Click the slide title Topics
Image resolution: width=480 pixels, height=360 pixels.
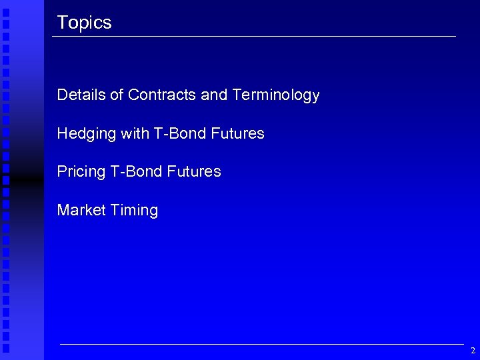[84, 23]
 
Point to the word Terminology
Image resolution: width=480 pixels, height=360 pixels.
[276, 95]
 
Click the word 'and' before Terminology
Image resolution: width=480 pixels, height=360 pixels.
[214, 95]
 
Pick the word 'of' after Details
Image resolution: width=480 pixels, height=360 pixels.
[117, 95]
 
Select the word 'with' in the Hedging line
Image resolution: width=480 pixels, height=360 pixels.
[135, 134]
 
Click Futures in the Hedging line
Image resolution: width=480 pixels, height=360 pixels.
[237, 134]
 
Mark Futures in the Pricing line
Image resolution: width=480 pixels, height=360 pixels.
[194, 172]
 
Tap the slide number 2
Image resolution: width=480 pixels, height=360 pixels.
[473, 351]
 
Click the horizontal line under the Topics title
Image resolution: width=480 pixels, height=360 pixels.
[253, 36]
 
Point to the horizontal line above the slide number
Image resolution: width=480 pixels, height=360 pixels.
[260, 344]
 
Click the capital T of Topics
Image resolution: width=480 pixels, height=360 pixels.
[61, 23]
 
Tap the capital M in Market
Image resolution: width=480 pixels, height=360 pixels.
[63, 211]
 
